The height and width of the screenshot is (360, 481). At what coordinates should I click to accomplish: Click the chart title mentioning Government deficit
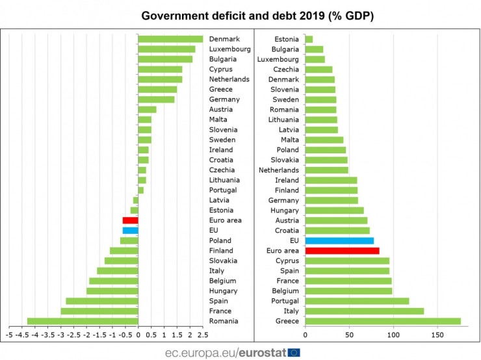[240, 14]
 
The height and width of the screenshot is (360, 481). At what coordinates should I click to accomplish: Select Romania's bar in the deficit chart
[83, 321]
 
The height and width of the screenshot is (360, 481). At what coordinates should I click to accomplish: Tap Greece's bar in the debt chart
[383, 321]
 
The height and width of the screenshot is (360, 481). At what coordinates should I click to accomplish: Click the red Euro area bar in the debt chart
[342, 250]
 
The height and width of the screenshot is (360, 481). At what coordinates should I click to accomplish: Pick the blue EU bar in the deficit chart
[130, 230]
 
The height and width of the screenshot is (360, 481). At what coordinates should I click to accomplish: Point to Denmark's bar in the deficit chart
[170, 39]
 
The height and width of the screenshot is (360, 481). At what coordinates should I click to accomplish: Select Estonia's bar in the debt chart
[309, 39]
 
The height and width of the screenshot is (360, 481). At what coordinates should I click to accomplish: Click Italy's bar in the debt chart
[364, 311]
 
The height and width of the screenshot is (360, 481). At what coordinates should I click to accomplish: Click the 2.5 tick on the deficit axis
[203, 335]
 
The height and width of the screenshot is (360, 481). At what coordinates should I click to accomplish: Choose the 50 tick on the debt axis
[350, 335]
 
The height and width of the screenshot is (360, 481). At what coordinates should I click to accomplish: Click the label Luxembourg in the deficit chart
[228, 49]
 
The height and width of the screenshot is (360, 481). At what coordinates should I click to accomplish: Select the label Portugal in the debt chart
[283, 301]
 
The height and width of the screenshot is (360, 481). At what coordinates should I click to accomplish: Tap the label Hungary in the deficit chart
[224, 290]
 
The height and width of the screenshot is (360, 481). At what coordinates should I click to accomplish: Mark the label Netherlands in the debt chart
[279, 170]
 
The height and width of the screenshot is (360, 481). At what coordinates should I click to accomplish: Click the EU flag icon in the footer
[294, 352]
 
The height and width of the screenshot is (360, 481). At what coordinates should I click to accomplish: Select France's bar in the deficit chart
[99, 311]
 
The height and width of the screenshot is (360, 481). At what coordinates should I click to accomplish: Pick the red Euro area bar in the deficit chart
[130, 220]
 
